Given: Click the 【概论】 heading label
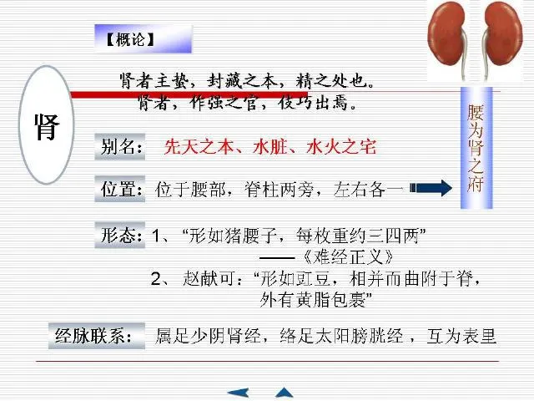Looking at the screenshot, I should pyautogui.click(x=130, y=38).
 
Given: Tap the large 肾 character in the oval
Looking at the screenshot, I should pyautogui.click(x=46, y=127).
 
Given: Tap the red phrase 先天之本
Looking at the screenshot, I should pyautogui.click(x=194, y=148).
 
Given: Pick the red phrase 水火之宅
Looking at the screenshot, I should pyautogui.click(x=342, y=148).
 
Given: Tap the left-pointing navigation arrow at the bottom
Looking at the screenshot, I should pyautogui.click(x=239, y=392).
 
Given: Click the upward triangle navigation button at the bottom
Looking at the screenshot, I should pyautogui.click(x=285, y=392).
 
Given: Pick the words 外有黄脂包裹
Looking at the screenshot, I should pyautogui.click(x=317, y=298).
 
